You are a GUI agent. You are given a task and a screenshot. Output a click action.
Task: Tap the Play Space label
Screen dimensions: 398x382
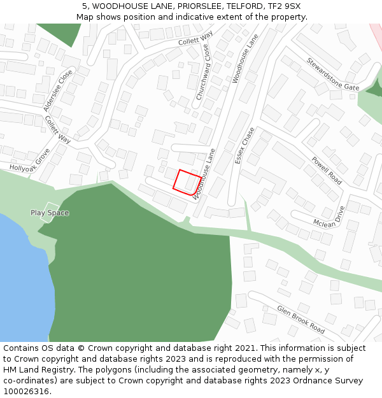tap(50, 213)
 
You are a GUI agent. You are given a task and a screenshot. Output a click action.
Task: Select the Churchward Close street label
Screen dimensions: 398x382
tap(203, 76)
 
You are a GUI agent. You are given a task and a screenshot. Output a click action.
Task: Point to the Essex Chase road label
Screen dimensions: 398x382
tap(244, 145)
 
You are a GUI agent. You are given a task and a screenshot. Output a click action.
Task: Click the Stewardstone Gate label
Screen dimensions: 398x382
tap(332, 74)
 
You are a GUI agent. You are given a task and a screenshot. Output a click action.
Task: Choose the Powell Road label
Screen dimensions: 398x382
tap(326, 171)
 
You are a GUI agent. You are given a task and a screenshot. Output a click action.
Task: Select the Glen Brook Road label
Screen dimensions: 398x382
tap(301, 319)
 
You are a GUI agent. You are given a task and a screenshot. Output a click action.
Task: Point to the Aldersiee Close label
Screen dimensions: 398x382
tap(58, 91)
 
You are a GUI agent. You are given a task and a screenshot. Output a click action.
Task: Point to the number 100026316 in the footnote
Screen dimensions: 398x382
tap(26, 392)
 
